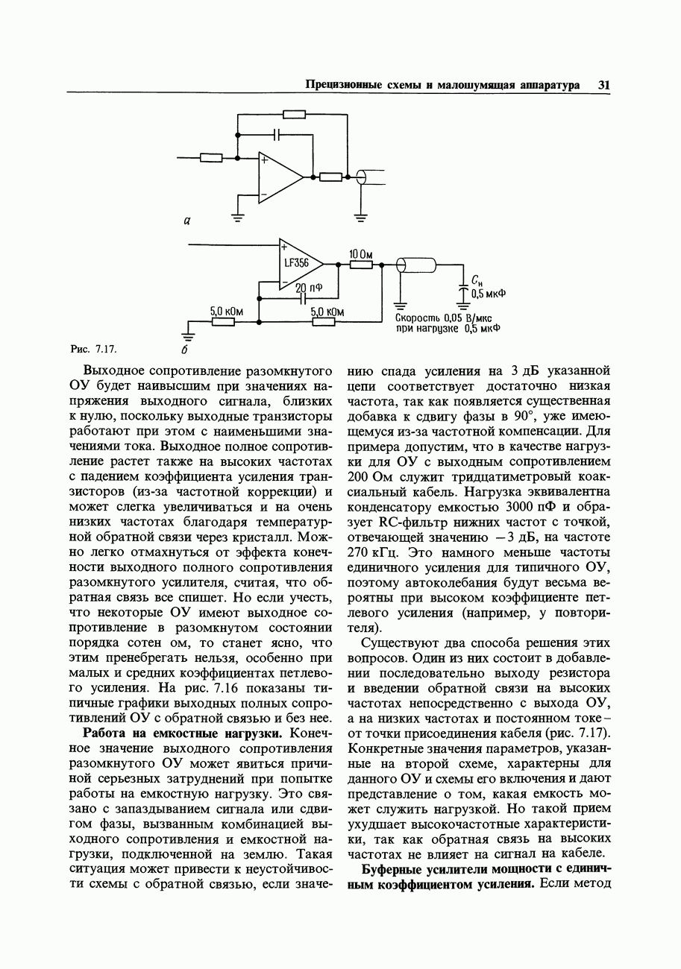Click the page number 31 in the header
pyautogui.click(x=603, y=85)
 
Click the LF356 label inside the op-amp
pyautogui.click(x=296, y=263)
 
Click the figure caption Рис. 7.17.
pyautogui.click(x=93, y=349)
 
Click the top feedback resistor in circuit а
pyautogui.click(x=295, y=114)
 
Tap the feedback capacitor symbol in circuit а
pyautogui.click(x=278, y=135)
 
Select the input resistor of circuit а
pyautogui.click(x=211, y=157)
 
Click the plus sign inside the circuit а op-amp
pyautogui.click(x=264, y=159)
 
